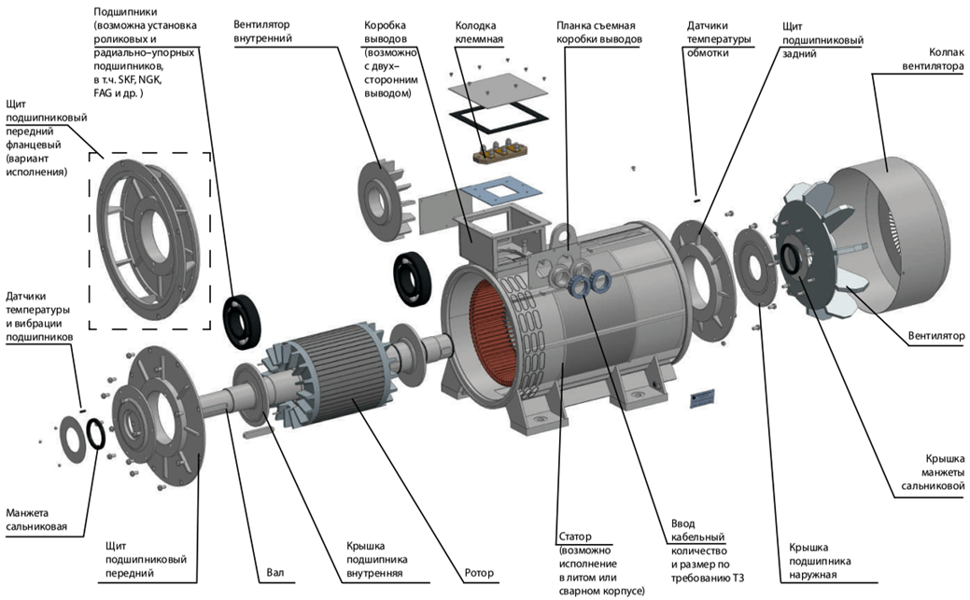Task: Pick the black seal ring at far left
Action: [x=96, y=433]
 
